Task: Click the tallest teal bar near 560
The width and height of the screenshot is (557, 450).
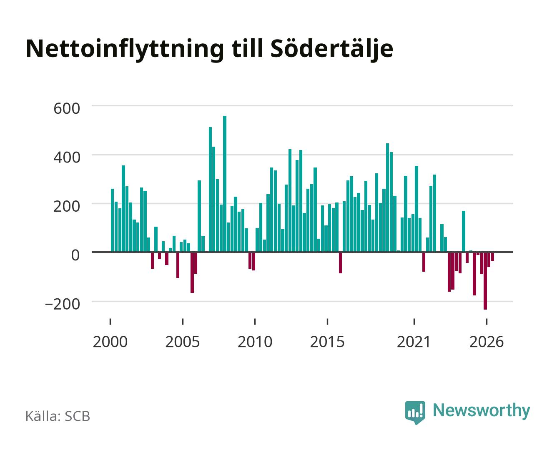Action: coord(225,184)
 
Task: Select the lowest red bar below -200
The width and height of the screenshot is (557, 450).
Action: coord(485,281)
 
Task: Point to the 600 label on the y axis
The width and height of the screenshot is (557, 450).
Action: coord(67,108)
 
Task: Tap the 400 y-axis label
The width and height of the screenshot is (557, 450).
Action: coord(67,157)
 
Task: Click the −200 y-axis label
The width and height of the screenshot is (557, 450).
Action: coord(63,304)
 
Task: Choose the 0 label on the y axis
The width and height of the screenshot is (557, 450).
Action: coord(75,255)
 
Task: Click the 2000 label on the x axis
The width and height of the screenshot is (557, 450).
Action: coord(110,342)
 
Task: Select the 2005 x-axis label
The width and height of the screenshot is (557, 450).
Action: coord(183,342)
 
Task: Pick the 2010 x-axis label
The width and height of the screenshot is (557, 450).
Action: coord(255,342)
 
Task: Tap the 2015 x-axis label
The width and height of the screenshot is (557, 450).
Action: coord(327,342)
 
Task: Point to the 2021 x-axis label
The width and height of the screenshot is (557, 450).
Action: coord(414,342)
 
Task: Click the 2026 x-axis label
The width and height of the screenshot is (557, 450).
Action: coord(487,342)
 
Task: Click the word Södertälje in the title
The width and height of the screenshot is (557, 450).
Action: coord(331,49)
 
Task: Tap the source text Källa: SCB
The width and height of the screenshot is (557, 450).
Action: coord(58,416)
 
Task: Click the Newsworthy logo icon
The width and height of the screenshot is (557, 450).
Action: coord(415,412)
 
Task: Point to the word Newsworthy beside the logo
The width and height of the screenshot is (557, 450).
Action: coord(482,411)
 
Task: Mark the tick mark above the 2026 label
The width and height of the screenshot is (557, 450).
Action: coord(487,321)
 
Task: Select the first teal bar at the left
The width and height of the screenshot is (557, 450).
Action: coord(113,220)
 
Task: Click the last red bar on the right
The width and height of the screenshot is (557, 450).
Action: coord(492,257)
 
